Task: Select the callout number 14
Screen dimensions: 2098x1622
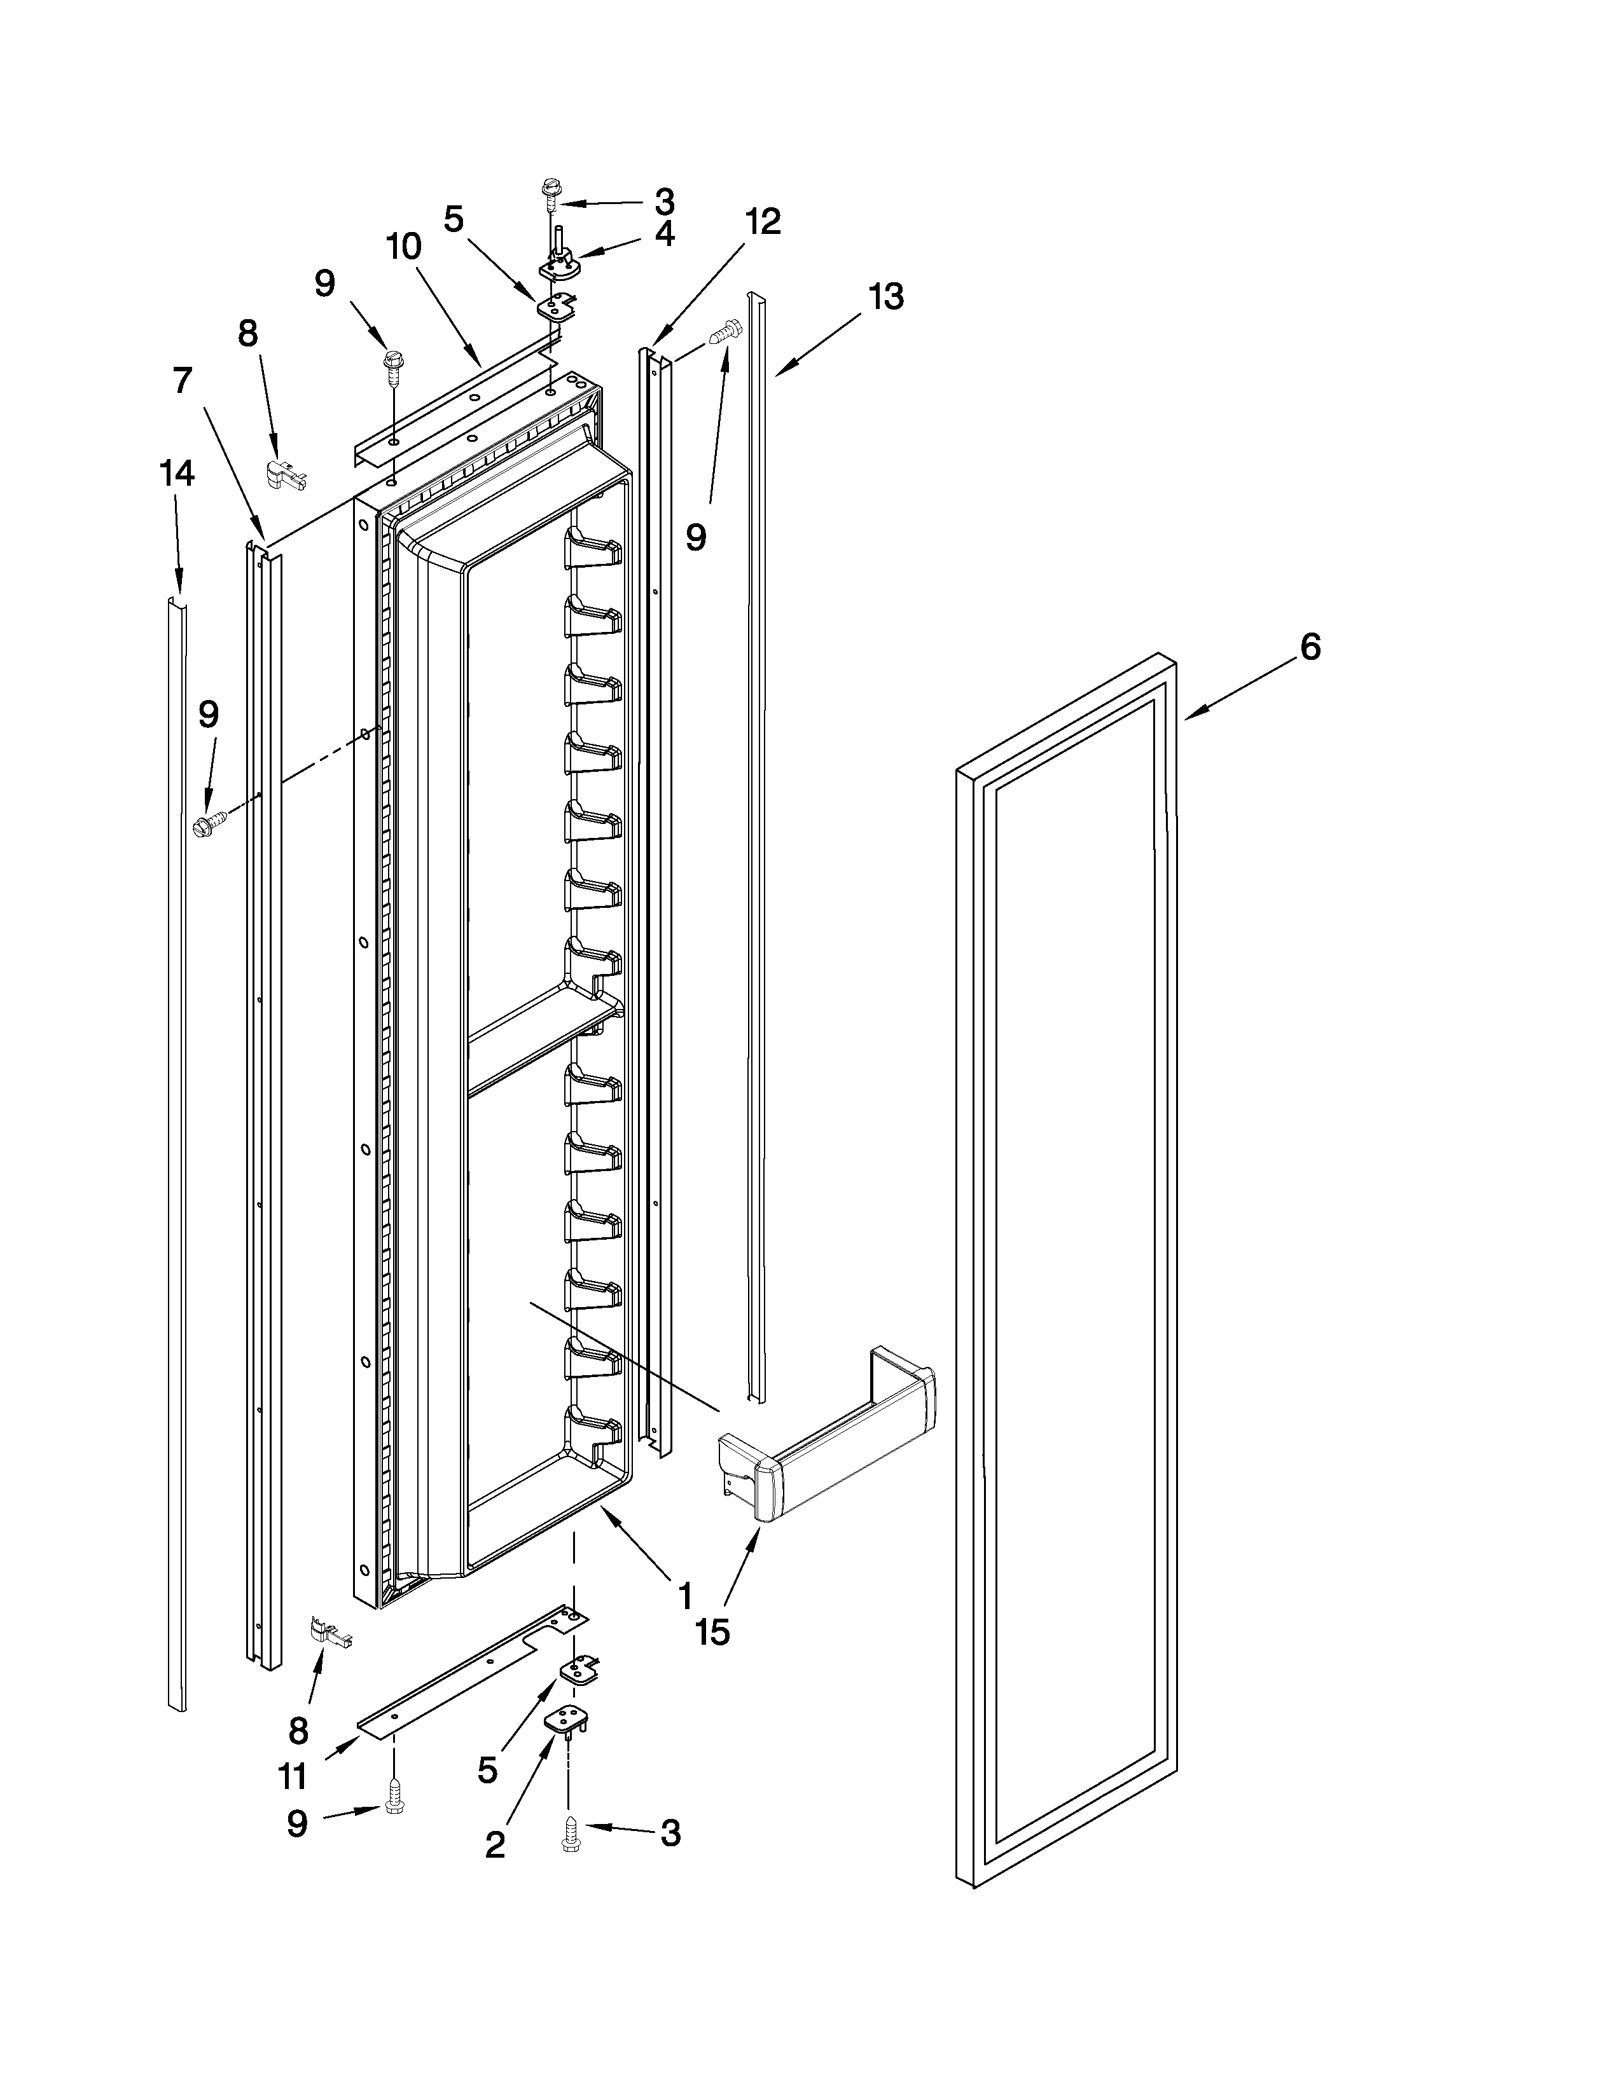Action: (177, 474)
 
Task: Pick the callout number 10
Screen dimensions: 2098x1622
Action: (403, 247)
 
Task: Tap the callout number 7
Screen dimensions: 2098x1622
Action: (183, 381)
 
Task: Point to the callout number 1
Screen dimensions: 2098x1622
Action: (685, 1596)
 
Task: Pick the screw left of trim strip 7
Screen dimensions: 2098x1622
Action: (211, 823)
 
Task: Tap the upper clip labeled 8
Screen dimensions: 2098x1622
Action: (286, 474)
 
